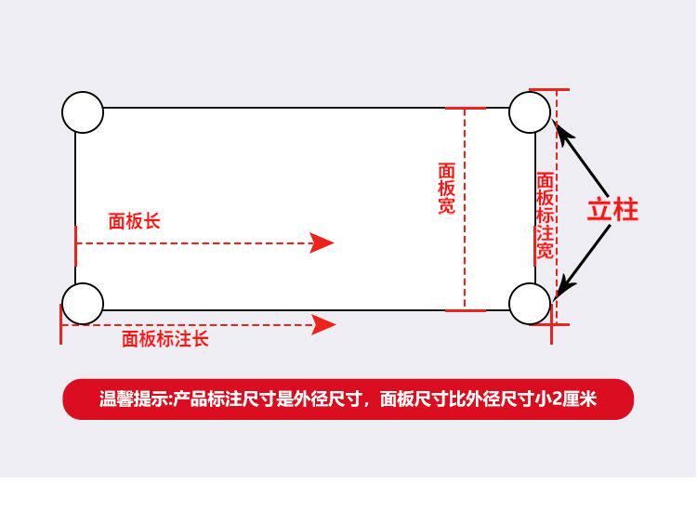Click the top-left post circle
[x=83, y=112]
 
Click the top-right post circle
[x=530, y=112]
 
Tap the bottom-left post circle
[x=83, y=304]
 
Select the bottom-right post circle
[x=530, y=304]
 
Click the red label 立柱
[x=612, y=210]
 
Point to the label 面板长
[x=134, y=221]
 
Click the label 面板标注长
[x=165, y=339]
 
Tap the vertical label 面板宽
[x=447, y=189]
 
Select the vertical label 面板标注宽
[x=546, y=216]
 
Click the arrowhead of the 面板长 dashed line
[x=322, y=243]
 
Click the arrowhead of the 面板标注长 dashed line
[x=324, y=324]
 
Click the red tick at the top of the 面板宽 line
[x=465, y=109]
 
